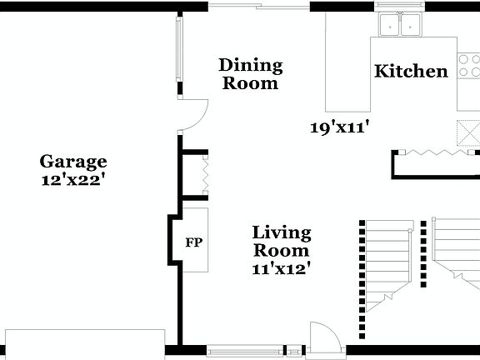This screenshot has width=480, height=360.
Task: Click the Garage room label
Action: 73,162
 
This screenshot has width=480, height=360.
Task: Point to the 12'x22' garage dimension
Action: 73,179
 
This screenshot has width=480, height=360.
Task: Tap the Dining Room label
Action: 250,73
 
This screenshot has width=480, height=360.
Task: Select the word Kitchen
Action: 411,71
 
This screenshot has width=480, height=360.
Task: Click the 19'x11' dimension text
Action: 339,127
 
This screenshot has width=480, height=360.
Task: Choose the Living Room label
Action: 282,241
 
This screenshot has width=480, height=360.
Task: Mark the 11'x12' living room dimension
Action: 282,268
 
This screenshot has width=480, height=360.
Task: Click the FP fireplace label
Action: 192,243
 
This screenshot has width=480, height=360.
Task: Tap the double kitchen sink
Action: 400,25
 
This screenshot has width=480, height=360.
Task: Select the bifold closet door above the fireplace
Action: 201,174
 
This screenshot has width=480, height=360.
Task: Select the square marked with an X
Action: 468,132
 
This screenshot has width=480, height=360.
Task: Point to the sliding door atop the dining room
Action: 258,6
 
